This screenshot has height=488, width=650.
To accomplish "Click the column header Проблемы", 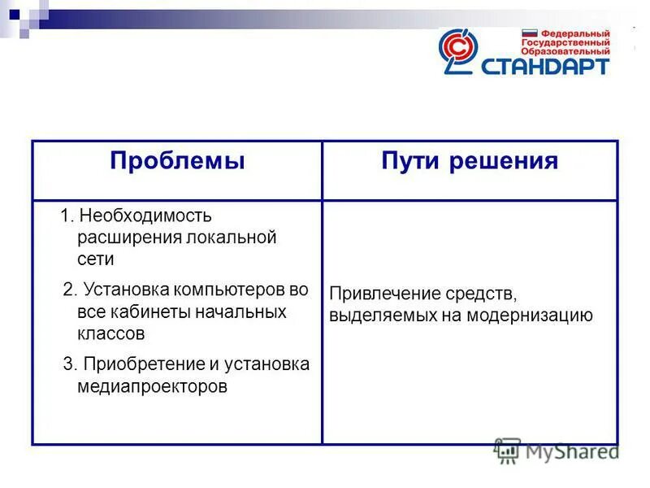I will (x=177, y=161).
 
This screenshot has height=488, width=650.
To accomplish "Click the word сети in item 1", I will (x=96, y=260).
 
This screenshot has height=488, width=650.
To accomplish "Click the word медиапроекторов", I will (x=153, y=386).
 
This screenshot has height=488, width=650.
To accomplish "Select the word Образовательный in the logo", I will (x=565, y=51).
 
